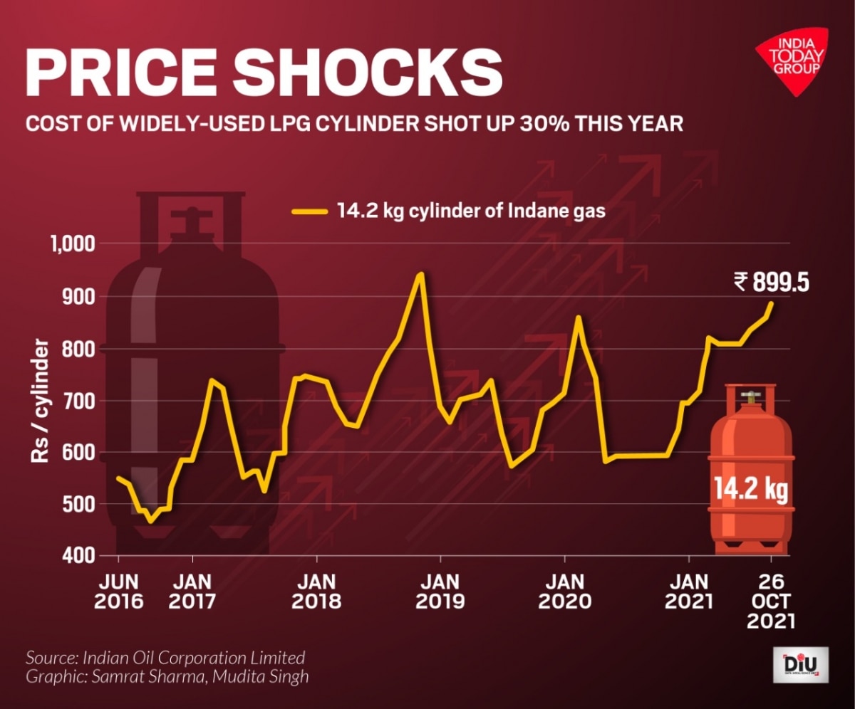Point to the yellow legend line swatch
tap(311, 211)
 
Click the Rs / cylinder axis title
tap(41, 401)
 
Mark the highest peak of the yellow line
tap(421, 273)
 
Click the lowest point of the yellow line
tap(150, 521)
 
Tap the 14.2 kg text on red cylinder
tap(750, 490)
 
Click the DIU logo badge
tap(800, 665)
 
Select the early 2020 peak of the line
tap(578, 317)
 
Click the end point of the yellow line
tap(771, 303)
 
